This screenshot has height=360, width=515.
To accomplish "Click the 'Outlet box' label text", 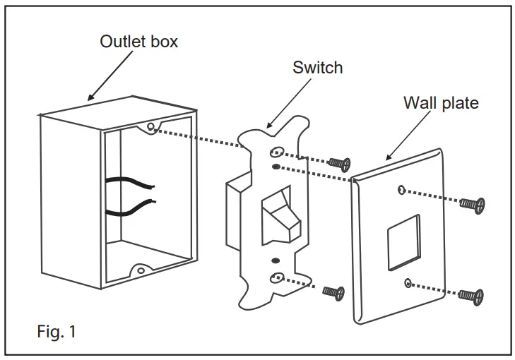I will click(x=139, y=41).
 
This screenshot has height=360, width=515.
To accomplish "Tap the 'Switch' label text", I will click(x=317, y=68).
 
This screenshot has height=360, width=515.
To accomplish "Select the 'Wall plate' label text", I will click(x=441, y=103).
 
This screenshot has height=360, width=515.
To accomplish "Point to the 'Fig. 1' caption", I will click(x=56, y=331).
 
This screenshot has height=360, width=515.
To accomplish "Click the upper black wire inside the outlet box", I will click(x=131, y=184).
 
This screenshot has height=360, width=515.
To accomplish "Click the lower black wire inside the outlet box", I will click(x=131, y=207).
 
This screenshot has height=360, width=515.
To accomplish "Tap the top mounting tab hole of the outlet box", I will click(x=151, y=127).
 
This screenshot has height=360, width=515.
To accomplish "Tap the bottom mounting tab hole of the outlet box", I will click(x=141, y=270).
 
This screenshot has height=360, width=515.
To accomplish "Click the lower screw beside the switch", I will click(x=333, y=291).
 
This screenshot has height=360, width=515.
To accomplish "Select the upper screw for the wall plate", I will click(x=472, y=204).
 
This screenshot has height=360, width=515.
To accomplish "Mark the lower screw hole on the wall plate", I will click(x=408, y=283).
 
